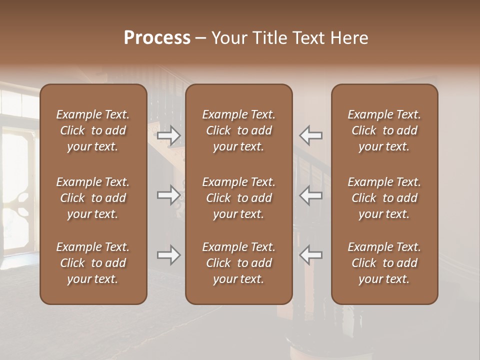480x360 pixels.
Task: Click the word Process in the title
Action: (157, 38)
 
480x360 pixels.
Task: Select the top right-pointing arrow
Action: (169, 135)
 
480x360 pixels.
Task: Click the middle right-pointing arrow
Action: (169, 194)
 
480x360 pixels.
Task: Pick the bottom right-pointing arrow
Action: (169, 255)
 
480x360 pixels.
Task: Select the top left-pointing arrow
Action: (310, 135)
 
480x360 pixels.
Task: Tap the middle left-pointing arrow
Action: (310, 194)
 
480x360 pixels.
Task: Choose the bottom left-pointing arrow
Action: (310, 255)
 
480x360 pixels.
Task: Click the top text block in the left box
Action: (93, 130)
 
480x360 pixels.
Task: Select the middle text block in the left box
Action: (93, 198)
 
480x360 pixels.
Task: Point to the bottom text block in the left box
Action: (93, 263)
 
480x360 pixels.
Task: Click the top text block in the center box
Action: (238, 130)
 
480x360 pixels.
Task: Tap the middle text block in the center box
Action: (238, 198)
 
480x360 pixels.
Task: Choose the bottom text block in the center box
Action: (238, 263)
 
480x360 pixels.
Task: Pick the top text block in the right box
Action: (384, 130)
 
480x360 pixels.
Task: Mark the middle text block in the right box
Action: (384, 198)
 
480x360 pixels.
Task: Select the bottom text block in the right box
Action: (384, 263)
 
